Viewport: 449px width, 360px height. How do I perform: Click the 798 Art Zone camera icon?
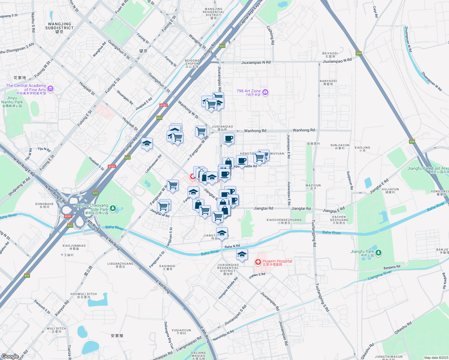[x=265, y=92]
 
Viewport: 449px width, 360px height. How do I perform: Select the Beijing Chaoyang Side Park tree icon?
[x=113, y=208]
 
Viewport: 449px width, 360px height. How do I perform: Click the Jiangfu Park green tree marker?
[x=378, y=253]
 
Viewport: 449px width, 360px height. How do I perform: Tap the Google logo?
[x=10, y=356]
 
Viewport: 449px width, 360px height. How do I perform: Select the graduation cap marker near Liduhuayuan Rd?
[x=147, y=144]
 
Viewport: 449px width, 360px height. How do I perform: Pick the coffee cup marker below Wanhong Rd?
[x=229, y=139]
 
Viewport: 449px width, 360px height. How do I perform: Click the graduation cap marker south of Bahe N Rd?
[x=242, y=255]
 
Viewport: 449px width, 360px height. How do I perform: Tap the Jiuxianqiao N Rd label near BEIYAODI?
[x=337, y=60]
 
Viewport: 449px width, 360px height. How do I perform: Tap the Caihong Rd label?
[x=271, y=35]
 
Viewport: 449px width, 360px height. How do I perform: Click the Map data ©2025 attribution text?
[x=436, y=358]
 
